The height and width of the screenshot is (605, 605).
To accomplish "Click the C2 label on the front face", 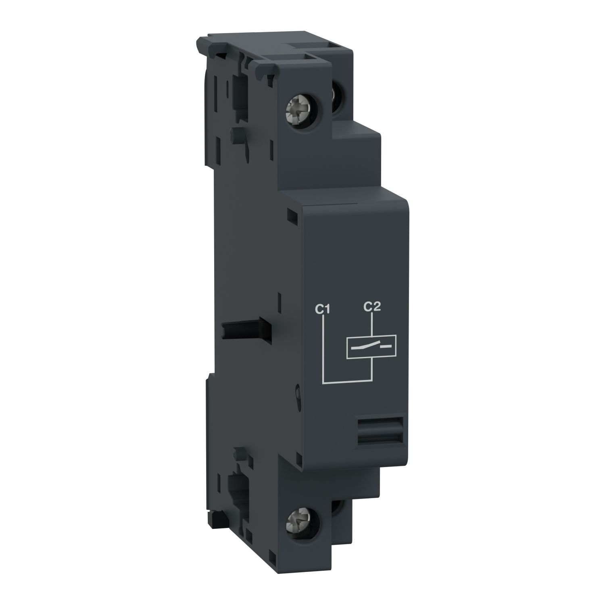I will [x=372, y=307].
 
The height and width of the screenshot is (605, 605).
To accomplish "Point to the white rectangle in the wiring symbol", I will [x=371, y=346].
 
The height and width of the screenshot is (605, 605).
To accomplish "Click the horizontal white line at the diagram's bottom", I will [x=347, y=380].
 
